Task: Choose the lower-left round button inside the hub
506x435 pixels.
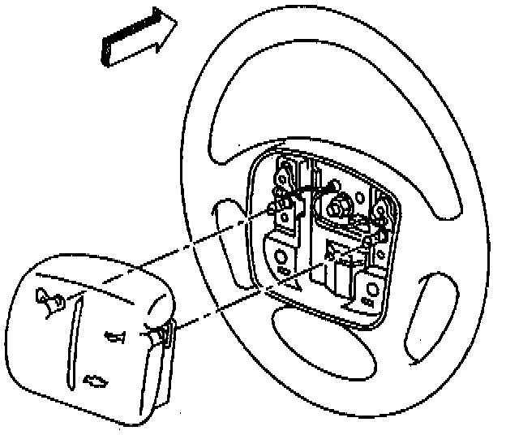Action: pos(284,266)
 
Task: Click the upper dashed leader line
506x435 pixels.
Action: pos(203,239)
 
